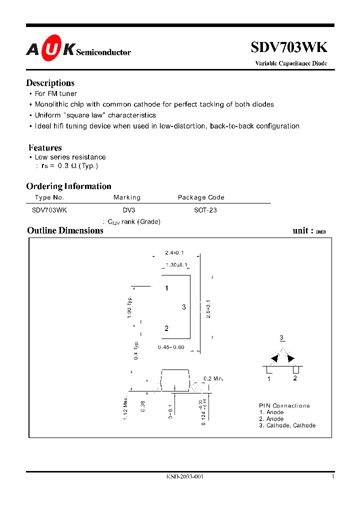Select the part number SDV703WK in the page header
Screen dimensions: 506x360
[x=289, y=47]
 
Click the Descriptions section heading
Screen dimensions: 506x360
[x=50, y=83]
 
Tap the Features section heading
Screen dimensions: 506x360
[x=45, y=147]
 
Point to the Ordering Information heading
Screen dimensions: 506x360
[x=68, y=186]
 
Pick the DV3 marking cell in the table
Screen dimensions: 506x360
[x=128, y=210]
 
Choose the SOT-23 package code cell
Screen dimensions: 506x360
[x=205, y=210]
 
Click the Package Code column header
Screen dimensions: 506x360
[x=201, y=197]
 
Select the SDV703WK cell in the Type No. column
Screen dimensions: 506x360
[x=49, y=210]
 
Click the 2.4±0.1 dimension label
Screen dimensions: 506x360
[x=174, y=253]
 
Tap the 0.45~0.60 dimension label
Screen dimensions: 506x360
[x=171, y=347]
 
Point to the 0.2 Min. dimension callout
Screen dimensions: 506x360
[x=213, y=379]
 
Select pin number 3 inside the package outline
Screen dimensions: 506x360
[x=184, y=307]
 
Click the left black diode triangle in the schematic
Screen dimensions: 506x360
[x=274, y=358]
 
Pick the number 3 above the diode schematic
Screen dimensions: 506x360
[x=282, y=337]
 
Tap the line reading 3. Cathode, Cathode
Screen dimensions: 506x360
[x=287, y=425]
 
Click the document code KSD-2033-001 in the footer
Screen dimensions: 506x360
[x=185, y=476]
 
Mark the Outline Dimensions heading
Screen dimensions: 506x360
[x=65, y=230]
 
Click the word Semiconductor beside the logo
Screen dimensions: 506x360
[x=103, y=52]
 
